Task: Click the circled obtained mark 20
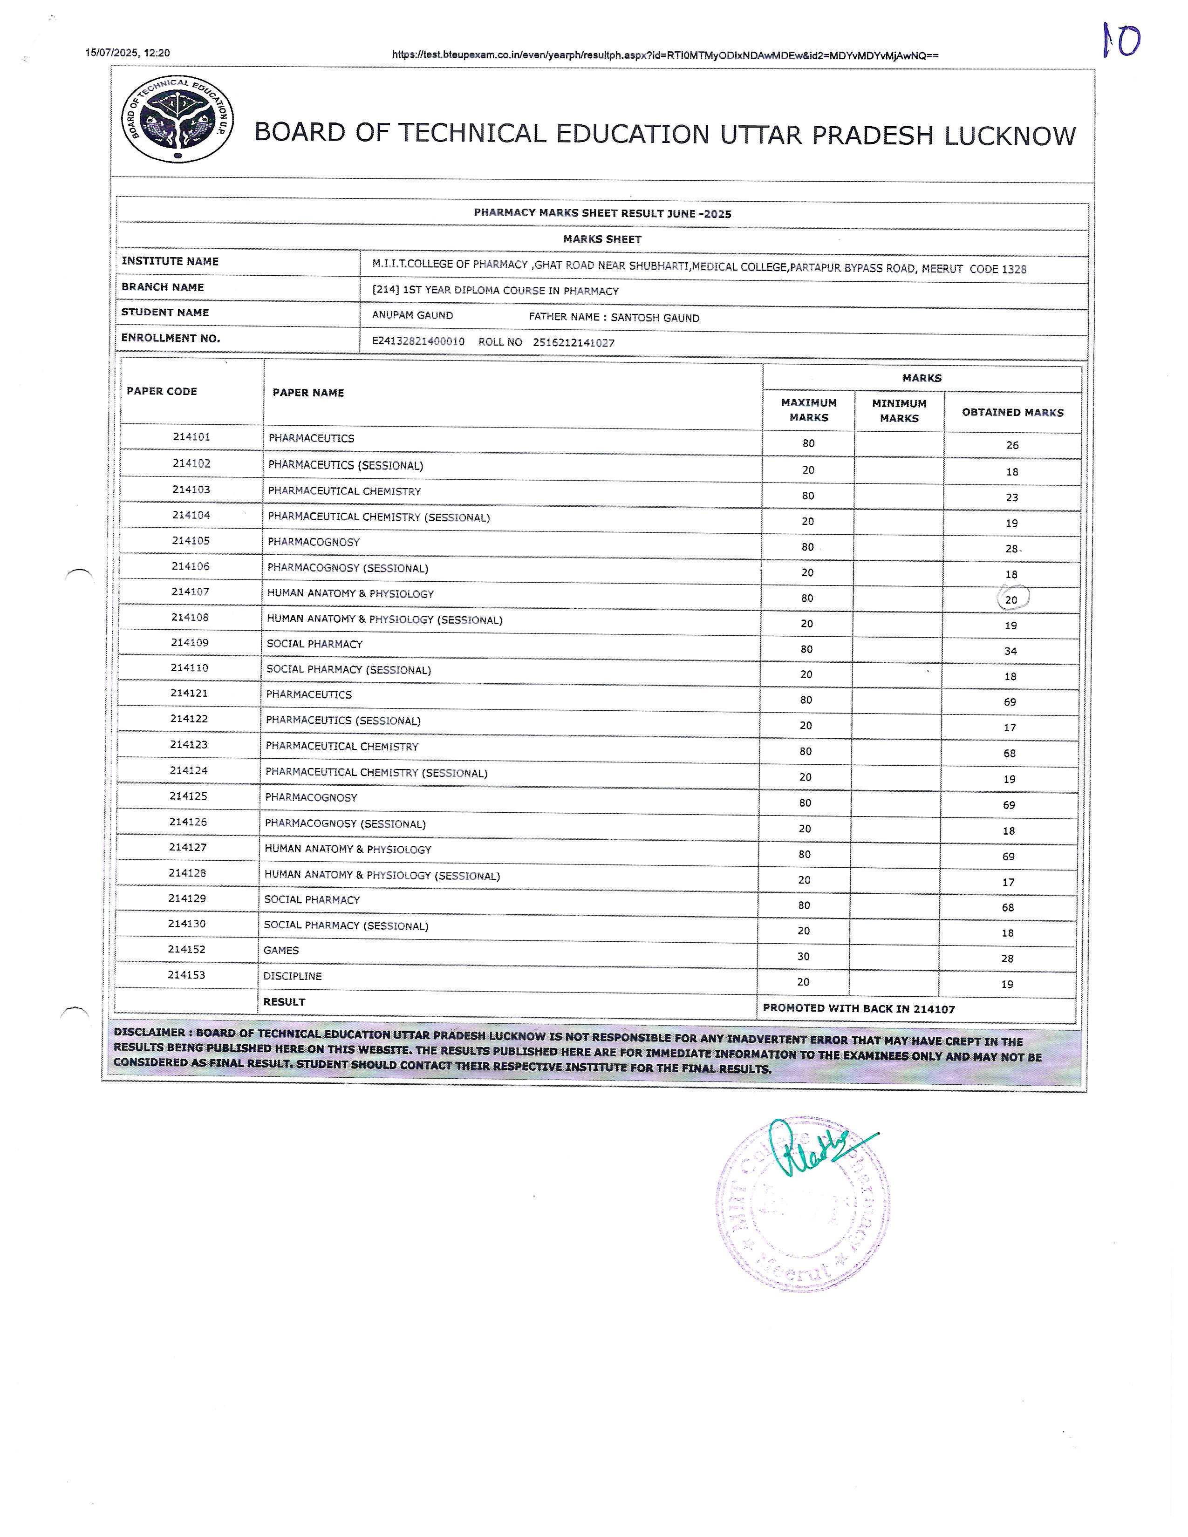(1012, 599)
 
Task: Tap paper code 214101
(191, 437)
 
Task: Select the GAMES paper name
(281, 950)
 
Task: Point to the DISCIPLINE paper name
(292, 976)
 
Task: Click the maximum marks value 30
(804, 956)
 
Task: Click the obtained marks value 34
(1010, 651)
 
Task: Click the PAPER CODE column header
(162, 391)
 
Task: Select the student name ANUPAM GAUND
(412, 315)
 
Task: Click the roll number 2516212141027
(574, 343)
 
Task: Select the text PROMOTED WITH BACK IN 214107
(859, 1008)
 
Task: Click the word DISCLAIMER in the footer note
(150, 1033)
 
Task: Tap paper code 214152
(186, 949)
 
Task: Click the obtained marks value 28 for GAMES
(1007, 959)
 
